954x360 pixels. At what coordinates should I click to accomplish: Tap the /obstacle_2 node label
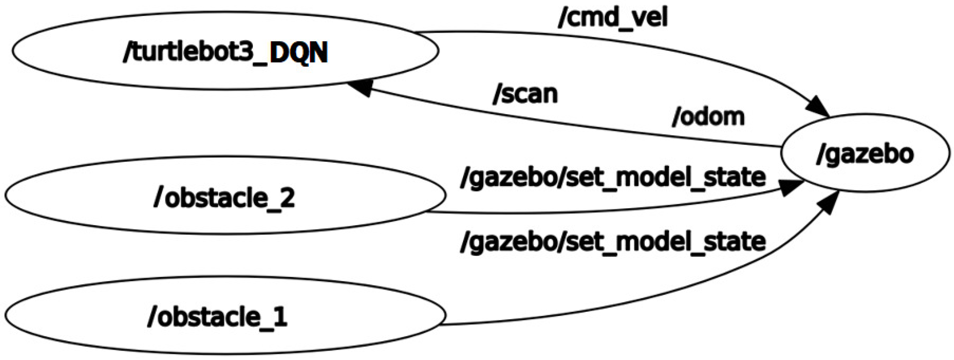pos(224,198)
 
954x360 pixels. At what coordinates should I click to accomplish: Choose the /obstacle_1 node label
pos(217,317)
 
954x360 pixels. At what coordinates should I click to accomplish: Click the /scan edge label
pos(525,94)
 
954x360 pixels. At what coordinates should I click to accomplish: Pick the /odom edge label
pos(708,117)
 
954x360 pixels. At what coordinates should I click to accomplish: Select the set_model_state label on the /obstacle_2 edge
pos(613,178)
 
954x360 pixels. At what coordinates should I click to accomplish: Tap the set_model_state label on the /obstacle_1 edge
pos(613,242)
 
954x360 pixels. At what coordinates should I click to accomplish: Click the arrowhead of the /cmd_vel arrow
pos(818,107)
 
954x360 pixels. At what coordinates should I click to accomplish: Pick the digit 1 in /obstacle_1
pos(280,317)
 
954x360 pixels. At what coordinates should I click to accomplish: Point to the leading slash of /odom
pos(676,117)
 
